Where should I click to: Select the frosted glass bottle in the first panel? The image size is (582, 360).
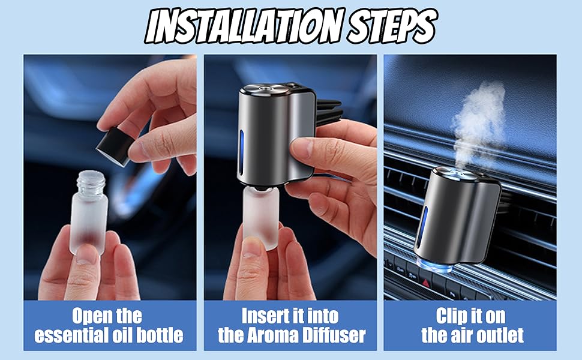coord(89,216)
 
